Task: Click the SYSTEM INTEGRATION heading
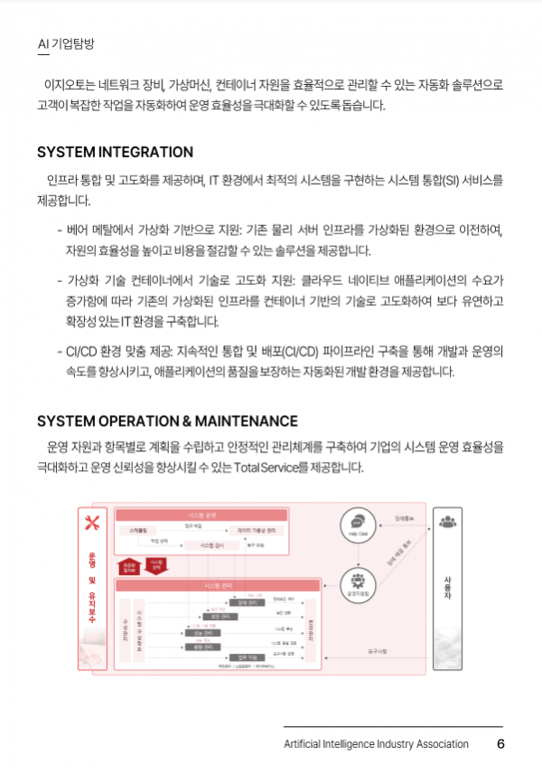pos(115,152)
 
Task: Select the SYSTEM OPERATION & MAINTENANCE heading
pos(167,421)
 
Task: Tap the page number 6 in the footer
pos(500,744)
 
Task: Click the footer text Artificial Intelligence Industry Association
pos(376,744)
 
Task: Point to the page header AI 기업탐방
pos(66,43)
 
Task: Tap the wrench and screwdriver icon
pos(91,522)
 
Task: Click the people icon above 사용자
pos(447,521)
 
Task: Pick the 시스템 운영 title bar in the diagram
pos(202,514)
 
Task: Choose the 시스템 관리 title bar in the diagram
pos(217,586)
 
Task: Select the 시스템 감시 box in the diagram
pos(211,545)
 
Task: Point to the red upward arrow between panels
pos(130,566)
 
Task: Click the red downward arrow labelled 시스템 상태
pos(157,566)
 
